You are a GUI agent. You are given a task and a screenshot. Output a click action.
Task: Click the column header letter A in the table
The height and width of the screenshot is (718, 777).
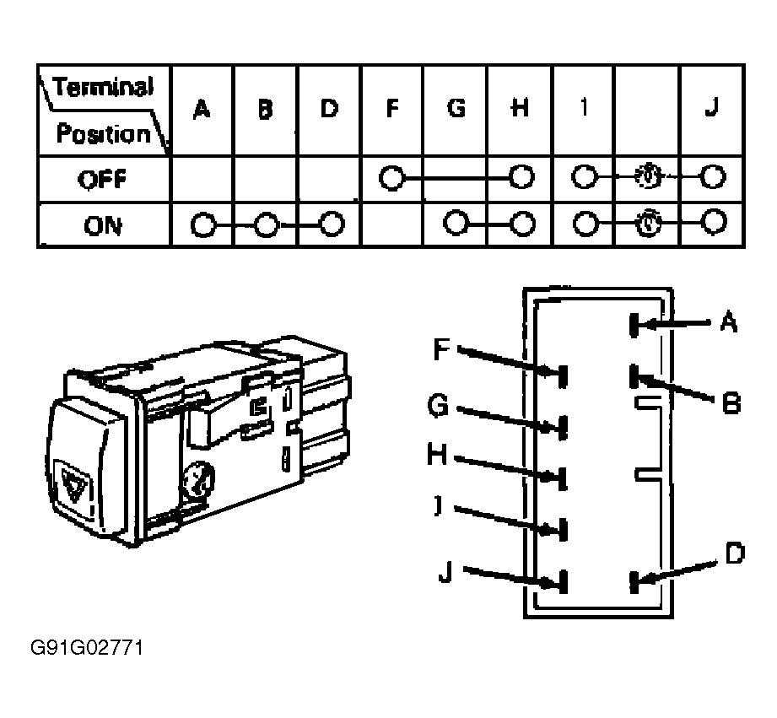201,109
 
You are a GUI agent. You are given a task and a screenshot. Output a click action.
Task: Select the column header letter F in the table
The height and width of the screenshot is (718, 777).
392,108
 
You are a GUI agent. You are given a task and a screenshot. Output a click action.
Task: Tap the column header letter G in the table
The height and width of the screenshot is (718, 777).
456,107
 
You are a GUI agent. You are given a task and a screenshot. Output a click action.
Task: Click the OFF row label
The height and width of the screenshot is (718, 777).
103,179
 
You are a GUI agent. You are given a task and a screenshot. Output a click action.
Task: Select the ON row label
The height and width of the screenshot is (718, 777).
103,225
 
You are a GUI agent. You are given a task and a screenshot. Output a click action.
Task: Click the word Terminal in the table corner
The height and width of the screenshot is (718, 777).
103,87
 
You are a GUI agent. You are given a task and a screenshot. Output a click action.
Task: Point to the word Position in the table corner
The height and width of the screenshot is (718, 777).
103,133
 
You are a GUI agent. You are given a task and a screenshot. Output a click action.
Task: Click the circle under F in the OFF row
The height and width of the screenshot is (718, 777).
392,177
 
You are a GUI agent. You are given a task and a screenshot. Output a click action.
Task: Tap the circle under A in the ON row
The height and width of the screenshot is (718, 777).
203,225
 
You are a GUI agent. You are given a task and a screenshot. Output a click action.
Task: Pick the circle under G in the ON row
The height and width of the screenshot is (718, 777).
456,223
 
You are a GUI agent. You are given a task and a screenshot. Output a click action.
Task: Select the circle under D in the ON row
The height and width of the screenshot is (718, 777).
332,224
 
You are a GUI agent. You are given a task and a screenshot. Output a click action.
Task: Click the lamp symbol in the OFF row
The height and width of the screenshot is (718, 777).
649,176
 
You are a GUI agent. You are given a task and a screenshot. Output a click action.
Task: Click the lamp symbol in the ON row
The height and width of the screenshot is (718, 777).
649,223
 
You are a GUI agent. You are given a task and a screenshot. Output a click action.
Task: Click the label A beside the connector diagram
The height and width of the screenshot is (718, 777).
728,321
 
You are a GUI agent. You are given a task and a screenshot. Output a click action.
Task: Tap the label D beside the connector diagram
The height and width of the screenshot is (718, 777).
735,553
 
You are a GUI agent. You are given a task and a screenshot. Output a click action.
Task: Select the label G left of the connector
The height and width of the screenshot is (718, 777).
438,406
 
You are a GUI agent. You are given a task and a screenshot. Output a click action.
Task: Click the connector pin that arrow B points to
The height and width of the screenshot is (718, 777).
634,376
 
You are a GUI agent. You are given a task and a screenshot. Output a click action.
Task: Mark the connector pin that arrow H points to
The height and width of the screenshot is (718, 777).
563,478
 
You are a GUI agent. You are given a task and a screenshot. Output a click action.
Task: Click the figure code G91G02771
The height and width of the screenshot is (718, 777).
87,648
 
